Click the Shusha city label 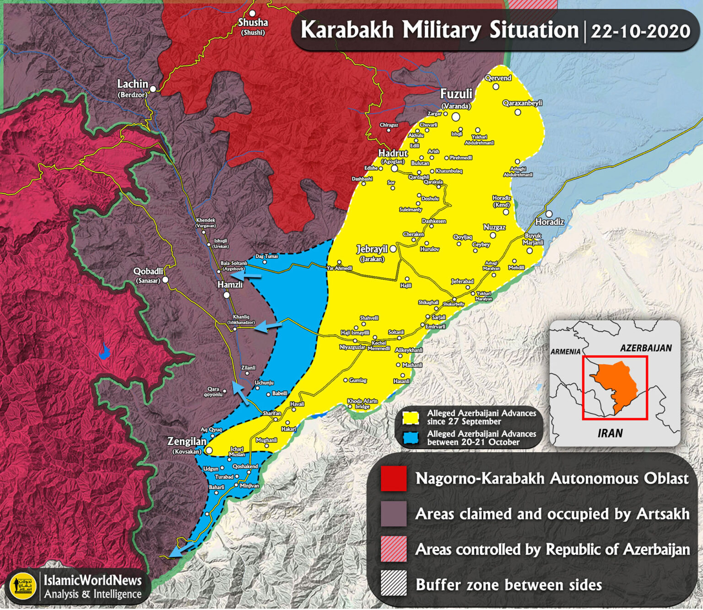(x=253, y=22)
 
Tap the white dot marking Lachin (x=153, y=89)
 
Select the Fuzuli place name (x=456, y=94)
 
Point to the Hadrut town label (x=393, y=153)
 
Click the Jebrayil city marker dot (x=393, y=249)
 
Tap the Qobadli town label (x=148, y=271)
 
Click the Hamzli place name (x=230, y=285)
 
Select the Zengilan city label (x=187, y=442)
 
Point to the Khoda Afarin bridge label (x=362, y=404)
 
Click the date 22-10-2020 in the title (x=640, y=32)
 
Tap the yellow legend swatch (x=411, y=417)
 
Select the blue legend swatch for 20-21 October (x=411, y=438)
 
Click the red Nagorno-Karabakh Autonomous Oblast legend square (x=394, y=479)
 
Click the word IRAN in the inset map (x=610, y=433)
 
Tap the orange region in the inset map (x=616, y=383)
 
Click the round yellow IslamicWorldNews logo (x=22, y=587)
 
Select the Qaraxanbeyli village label (x=522, y=103)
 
